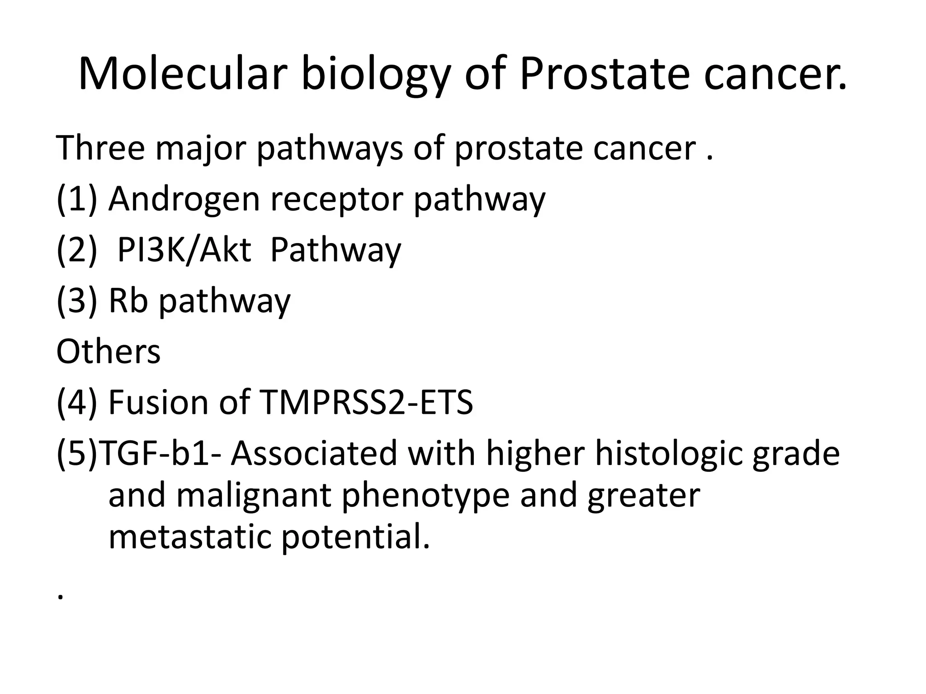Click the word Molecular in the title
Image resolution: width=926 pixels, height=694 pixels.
[183, 74]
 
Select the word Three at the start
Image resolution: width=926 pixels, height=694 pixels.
[100, 148]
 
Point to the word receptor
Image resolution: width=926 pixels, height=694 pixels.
[336, 199]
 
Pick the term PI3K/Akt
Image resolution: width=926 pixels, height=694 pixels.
[184, 250]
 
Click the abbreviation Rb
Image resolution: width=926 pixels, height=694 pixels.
[128, 301]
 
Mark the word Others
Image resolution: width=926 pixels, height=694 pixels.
[109, 352]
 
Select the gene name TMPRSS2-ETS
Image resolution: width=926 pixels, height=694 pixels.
[366, 402]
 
